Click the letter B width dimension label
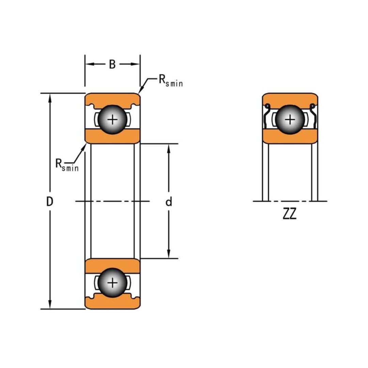coord(112,64)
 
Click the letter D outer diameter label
coord(50,202)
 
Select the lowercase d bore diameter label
coord(169,202)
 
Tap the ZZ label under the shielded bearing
coord(290,214)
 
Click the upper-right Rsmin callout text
coord(170,81)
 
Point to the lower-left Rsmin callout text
coord(67,165)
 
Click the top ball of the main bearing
coord(112,120)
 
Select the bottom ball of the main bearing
coord(112,283)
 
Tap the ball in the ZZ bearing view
coord(290,120)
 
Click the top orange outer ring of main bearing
coord(112,99)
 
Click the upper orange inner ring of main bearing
coord(112,136)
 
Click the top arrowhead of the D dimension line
coord(50,97)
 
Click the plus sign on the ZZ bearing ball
coord(290,120)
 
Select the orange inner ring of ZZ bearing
coord(290,137)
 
